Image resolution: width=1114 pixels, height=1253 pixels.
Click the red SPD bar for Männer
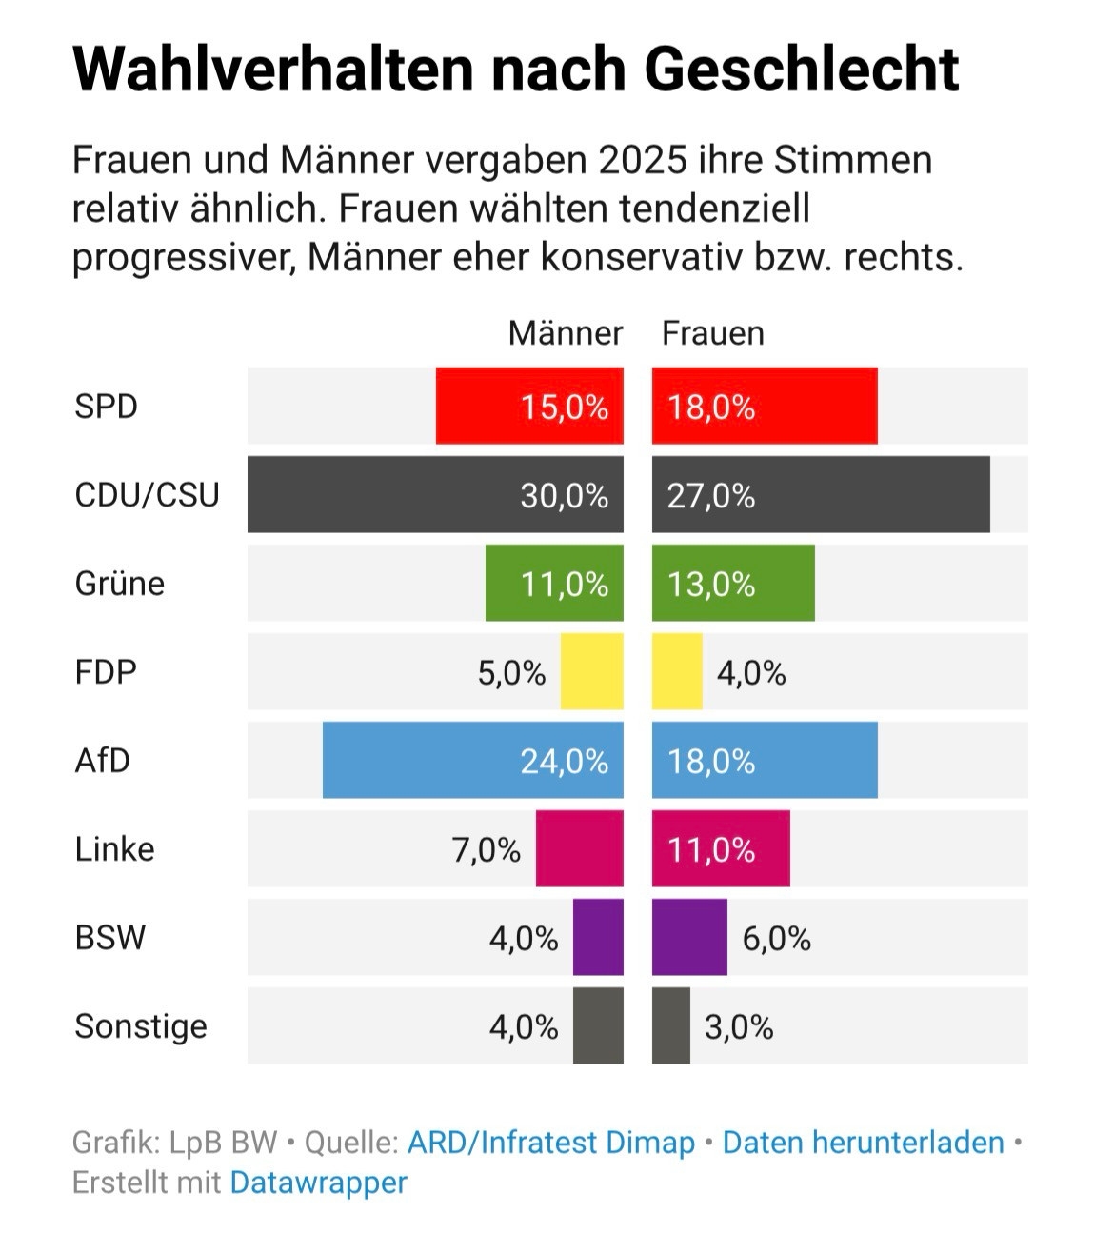[529, 406]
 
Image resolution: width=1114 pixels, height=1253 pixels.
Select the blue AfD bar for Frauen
[765, 760]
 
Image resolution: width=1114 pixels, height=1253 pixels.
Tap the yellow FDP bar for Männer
[591, 671]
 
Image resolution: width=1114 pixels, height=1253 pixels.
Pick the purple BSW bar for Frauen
[689, 937]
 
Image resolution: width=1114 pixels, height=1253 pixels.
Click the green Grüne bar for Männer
[554, 583]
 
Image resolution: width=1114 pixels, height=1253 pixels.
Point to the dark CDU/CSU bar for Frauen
[821, 494]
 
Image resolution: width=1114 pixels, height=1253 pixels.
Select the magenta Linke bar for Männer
[579, 848]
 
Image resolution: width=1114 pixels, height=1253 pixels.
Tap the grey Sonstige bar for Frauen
[671, 1025]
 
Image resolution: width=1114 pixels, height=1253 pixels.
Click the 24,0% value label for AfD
[564, 761]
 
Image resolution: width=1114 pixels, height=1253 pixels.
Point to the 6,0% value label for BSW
[776, 939]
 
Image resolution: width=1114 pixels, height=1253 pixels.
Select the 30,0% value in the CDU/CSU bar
[564, 496]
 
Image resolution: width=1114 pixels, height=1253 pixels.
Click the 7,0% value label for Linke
[486, 849]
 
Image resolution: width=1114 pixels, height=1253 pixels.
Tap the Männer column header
[565, 333]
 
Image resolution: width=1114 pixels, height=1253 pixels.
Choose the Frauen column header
[712, 333]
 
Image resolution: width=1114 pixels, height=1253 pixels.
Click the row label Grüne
[119, 583]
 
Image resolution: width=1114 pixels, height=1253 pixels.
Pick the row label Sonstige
[141, 1026]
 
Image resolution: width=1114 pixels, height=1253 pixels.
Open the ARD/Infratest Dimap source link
[551, 1142]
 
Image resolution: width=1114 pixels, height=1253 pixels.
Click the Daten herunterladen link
[863, 1142]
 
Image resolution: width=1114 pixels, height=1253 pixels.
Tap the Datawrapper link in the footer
[318, 1183]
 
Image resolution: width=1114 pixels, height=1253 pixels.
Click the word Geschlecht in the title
[801, 69]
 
